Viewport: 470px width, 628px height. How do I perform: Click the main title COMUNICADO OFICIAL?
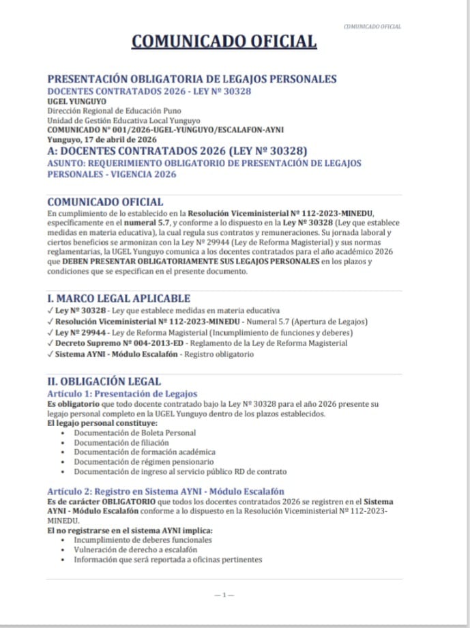tap(224, 42)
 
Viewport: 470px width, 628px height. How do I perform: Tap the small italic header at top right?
tap(372, 27)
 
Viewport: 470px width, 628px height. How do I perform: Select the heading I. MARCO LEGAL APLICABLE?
tap(119, 298)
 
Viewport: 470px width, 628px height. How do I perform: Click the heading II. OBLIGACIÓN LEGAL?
tap(104, 382)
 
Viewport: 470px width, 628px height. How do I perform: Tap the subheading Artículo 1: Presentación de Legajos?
tap(122, 394)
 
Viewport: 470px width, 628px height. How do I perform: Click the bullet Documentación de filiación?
tap(121, 442)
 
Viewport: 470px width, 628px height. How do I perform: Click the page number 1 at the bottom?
tap(224, 595)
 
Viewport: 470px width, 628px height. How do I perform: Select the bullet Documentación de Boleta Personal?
tap(135, 433)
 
